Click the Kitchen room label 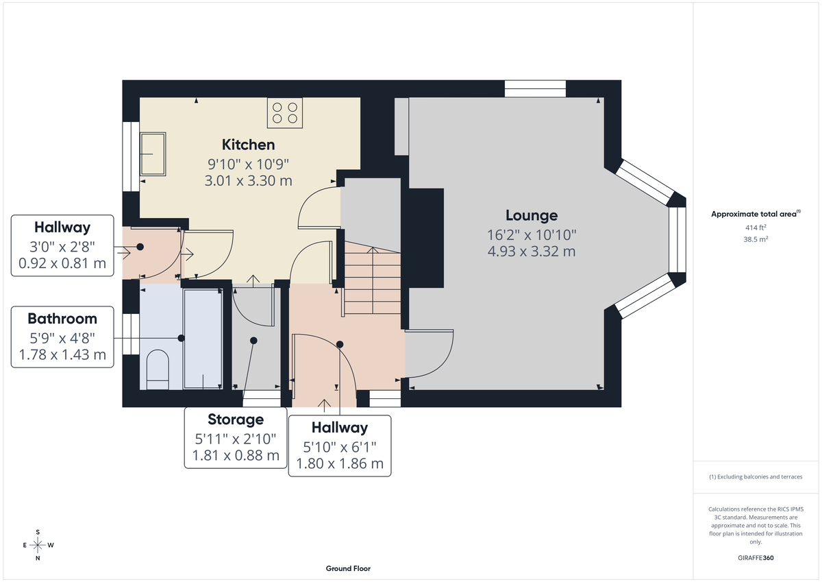248,145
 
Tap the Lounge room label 531,216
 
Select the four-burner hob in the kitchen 285,113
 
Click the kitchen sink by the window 152,154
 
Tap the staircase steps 371,282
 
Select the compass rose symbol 38,545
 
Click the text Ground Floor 348,569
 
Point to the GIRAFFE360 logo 756,558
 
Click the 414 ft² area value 756,227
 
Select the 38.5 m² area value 756,240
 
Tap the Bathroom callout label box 62,337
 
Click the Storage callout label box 235,437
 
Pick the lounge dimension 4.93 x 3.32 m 531,251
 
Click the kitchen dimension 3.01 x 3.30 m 248,181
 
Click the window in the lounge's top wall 535,89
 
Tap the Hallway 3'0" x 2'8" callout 62,245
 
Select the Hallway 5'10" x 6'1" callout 340,446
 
